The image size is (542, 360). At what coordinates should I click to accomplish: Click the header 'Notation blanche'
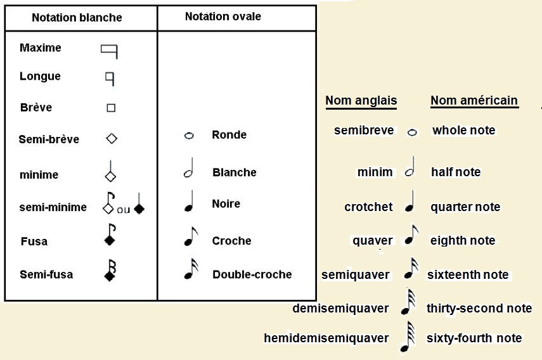click(x=77, y=18)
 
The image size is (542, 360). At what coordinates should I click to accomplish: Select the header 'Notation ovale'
click(x=223, y=16)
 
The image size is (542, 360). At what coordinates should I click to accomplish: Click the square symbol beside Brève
click(x=111, y=108)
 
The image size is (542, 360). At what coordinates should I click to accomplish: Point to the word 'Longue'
click(x=40, y=77)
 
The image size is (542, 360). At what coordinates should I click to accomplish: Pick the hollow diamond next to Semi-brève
click(x=112, y=139)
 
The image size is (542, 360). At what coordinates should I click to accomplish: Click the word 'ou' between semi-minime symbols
click(x=124, y=210)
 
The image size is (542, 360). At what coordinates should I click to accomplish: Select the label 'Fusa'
click(x=34, y=241)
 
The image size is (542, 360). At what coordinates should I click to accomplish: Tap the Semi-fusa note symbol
click(x=110, y=270)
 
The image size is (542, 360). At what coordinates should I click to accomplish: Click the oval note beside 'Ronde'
click(x=189, y=136)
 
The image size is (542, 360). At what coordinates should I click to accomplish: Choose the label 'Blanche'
click(x=235, y=172)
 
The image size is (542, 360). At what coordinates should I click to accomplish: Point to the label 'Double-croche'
click(x=252, y=274)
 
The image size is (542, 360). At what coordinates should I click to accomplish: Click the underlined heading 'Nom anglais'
click(x=361, y=101)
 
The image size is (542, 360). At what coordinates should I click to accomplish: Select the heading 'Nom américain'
click(x=474, y=101)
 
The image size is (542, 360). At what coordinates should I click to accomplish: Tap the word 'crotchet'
click(x=368, y=207)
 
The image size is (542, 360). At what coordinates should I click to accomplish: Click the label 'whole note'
click(x=463, y=131)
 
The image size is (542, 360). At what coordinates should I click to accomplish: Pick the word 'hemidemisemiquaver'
click(x=326, y=338)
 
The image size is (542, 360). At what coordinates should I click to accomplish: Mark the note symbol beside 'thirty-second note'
click(x=408, y=302)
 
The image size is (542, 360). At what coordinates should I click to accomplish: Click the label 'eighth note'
click(x=463, y=240)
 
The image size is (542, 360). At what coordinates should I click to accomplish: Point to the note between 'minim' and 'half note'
click(x=410, y=167)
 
